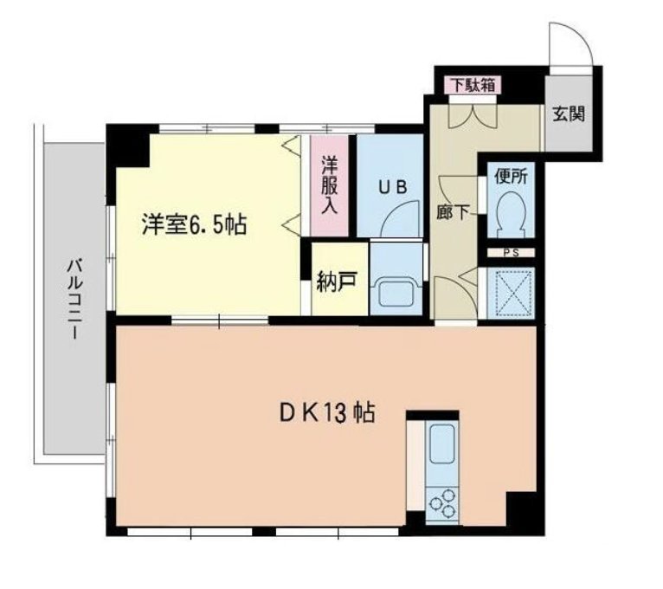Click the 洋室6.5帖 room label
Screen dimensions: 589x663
(195, 226)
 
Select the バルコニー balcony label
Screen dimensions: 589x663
(75, 298)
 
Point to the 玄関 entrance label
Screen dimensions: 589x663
(569, 113)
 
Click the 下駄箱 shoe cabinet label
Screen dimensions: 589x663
(470, 85)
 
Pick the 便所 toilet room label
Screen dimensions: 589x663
(510, 176)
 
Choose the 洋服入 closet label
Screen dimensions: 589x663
(330, 184)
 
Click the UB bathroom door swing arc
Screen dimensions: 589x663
(402, 222)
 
